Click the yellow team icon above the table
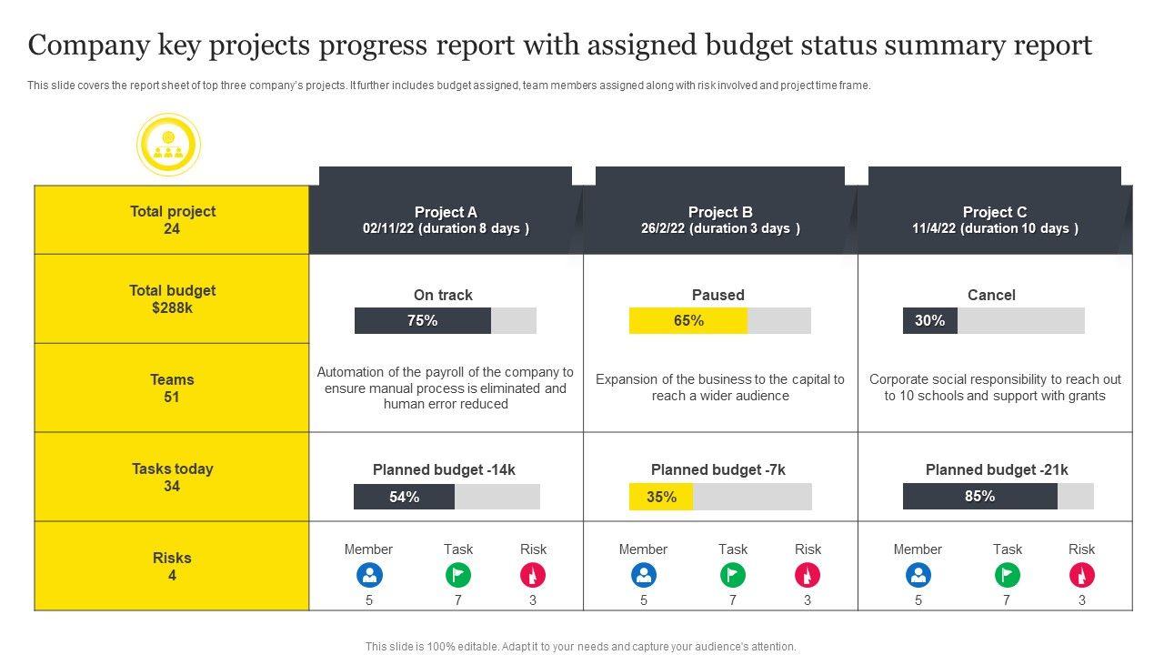[168, 145]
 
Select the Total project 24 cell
[172, 220]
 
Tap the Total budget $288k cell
[172, 299]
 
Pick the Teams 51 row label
[172, 388]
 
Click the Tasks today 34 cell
[172, 478]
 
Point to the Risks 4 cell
[172, 567]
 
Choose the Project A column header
[446, 220]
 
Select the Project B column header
[720, 220]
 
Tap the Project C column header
[995, 220]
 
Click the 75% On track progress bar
[445, 321]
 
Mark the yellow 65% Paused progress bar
[719, 321]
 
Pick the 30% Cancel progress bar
[993, 321]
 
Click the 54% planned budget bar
[447, 497]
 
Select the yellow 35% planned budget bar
[719, 497]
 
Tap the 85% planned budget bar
[998, 497]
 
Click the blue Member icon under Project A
[369, 575]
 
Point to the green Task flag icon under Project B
[733, 575]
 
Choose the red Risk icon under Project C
[1082, 575]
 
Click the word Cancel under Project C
[991, 295]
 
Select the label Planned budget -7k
[717, 470]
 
